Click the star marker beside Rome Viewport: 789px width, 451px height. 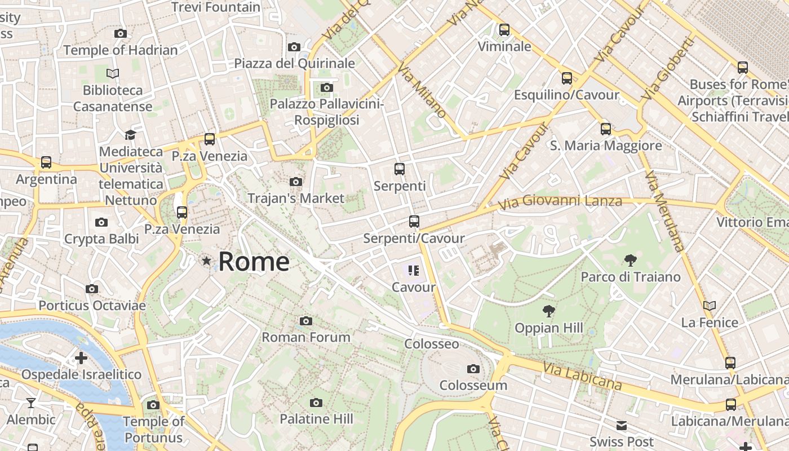207,261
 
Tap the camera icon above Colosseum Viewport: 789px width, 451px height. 473,369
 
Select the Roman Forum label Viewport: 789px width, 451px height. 306,337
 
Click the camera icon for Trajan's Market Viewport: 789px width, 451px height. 296,182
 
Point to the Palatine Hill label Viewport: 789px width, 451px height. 317,419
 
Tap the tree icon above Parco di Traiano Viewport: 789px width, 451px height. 630,260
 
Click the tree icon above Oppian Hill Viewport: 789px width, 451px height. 548,311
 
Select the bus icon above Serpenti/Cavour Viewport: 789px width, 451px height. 414,222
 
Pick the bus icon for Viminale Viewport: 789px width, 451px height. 504,30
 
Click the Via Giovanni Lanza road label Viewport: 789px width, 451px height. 560,201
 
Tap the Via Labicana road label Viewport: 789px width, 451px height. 583,377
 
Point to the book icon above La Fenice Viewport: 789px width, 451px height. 710,306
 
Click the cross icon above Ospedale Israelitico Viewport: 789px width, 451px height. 81,358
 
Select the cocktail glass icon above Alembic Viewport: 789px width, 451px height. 31,403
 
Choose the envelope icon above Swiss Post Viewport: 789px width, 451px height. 622,425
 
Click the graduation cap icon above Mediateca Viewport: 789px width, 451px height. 131,135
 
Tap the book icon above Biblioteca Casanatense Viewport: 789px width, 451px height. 113,73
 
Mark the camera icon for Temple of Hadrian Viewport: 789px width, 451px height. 121,34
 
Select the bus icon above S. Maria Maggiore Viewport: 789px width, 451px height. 606,129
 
